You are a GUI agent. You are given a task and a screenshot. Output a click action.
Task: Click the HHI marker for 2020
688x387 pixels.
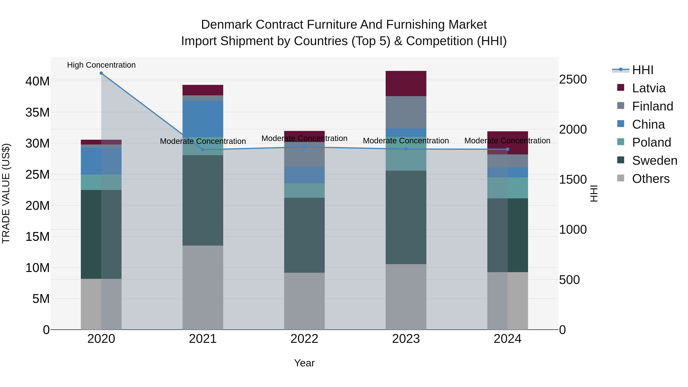[x=101, y=73]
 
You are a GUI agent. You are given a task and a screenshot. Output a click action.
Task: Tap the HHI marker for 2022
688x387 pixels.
[x=304, y=147]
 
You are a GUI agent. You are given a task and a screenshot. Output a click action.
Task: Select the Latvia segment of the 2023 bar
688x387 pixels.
[x=406, y=84]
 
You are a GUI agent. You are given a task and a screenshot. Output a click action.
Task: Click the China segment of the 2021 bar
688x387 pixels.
[x=203, y=119]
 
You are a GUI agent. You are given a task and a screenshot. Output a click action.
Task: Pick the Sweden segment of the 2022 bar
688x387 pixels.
[x=304, y=235]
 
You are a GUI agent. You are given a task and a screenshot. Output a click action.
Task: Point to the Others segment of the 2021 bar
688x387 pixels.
[x=203, y=287]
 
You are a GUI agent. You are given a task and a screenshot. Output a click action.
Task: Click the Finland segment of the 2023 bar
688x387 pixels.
[x=406, y=112]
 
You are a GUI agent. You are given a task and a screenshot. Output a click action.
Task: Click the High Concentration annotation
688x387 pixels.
[x=101, y=65]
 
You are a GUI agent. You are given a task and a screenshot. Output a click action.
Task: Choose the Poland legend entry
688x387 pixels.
[x=651, y=142]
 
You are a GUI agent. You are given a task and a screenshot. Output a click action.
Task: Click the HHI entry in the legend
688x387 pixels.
[x=643, y=70]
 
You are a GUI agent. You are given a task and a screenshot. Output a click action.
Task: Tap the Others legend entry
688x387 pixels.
[x=651, y=179]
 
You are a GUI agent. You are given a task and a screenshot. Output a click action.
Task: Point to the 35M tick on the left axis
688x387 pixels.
[x=37, y=112]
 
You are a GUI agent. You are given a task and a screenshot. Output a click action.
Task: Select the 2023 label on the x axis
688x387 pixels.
[x=406, y=339]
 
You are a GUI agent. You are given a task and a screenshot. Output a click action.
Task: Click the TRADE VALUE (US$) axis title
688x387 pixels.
[x=6, y=193]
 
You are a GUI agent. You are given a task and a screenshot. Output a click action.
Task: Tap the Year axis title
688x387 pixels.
[x=304, y=363]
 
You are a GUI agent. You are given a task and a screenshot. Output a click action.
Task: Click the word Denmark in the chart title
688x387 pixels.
[x=226, y=25]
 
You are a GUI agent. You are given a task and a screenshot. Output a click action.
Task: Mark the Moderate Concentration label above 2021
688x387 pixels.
[x=203, y=141]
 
